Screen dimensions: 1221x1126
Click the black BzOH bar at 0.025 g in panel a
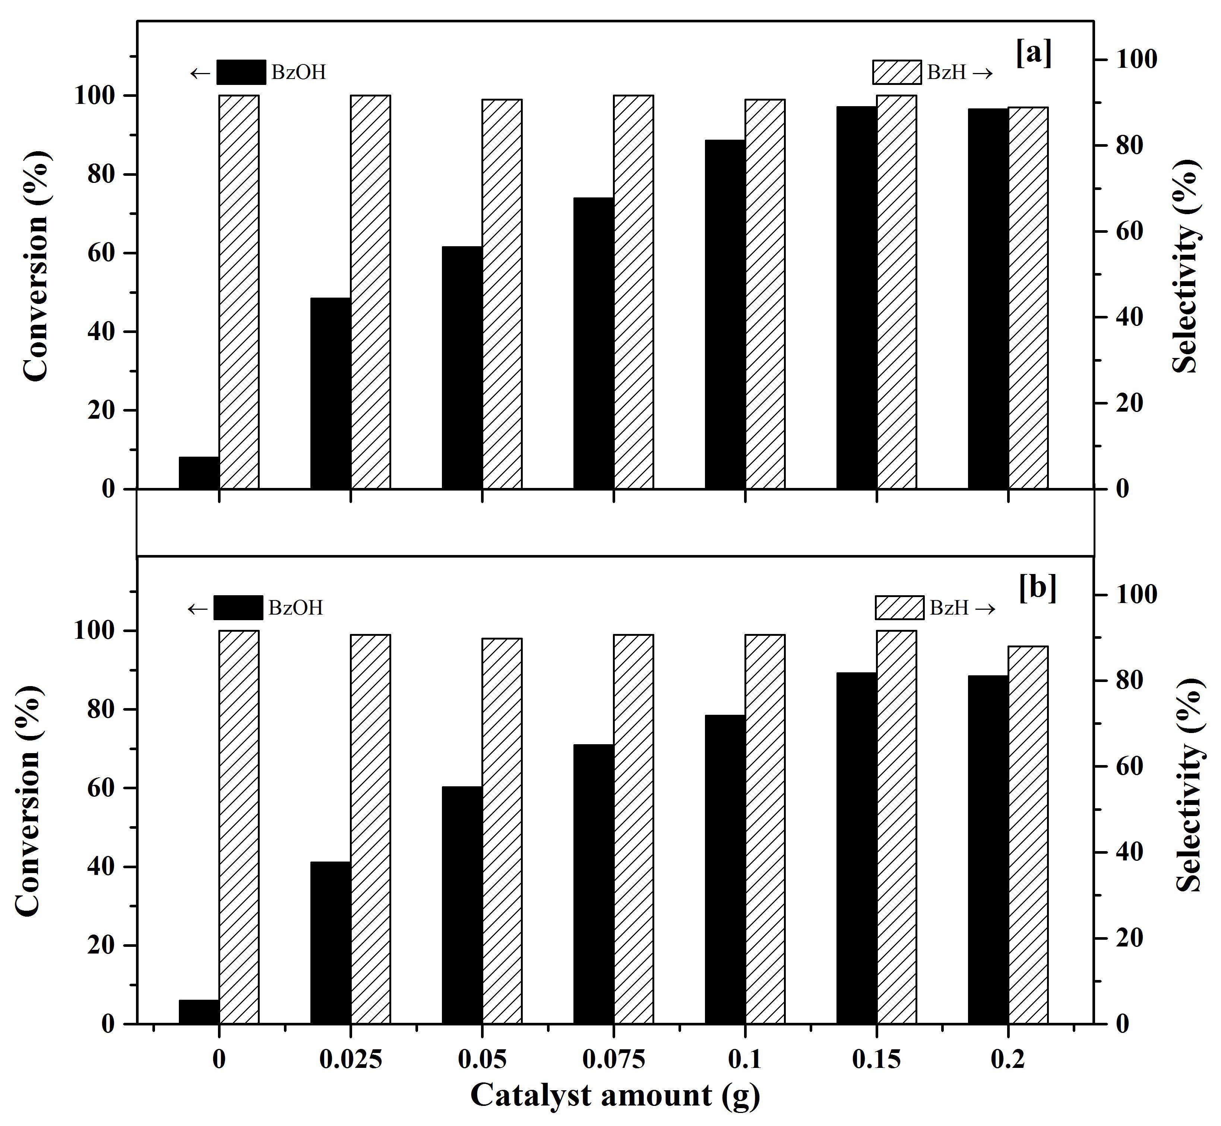click(x=330, y=393)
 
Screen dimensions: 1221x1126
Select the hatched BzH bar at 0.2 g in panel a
click(x=1028, y=298)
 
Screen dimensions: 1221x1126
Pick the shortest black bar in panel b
click(x=199, y=1011)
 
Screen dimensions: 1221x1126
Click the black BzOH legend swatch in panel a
click(x=241, y=72)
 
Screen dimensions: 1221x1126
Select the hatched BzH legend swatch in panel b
click(x=900, y=608)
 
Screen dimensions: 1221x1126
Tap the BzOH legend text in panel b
click(x=295, y=608)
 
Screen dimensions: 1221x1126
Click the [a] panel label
click(x=1034, y=54)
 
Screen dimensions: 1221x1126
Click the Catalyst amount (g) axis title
click(x=615, y=1095)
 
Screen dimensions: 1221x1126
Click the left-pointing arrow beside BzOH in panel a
click(x=200, y=73)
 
